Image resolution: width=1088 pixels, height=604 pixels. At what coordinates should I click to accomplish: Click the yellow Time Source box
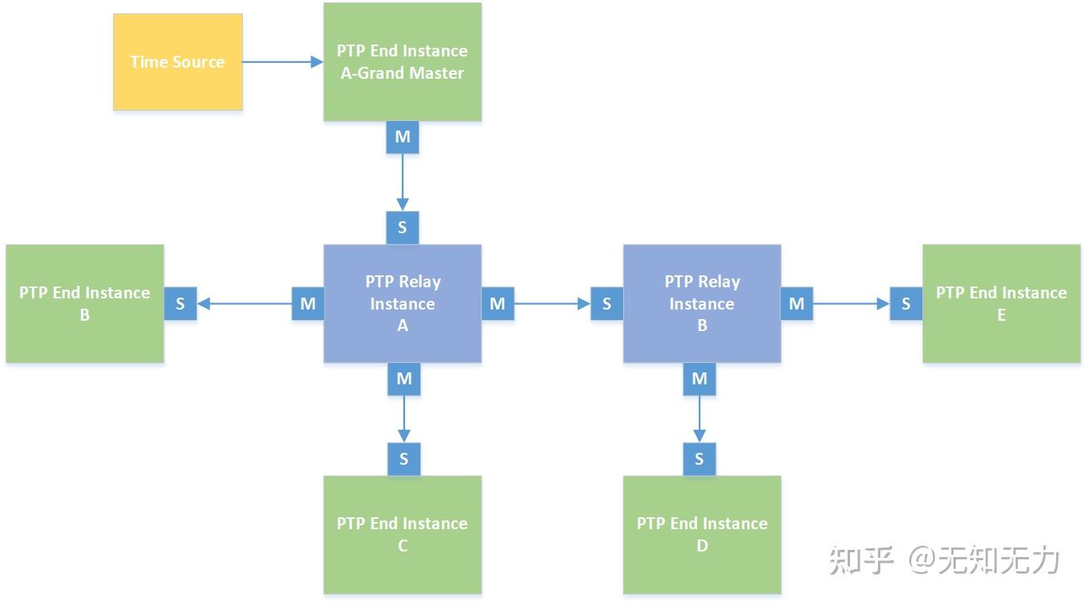point(177,62)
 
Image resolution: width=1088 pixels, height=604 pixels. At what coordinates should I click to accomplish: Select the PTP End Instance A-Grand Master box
point(402,62)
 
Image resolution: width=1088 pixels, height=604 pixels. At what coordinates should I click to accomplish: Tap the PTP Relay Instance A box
point(402,303)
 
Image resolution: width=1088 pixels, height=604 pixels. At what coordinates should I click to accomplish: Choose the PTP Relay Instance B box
point(701,303)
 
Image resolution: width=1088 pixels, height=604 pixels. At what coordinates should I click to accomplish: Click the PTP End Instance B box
point(84,303)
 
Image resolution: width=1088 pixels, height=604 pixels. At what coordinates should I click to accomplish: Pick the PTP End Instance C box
point(402,534)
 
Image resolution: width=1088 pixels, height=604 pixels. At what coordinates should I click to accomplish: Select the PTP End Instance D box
point(701,534)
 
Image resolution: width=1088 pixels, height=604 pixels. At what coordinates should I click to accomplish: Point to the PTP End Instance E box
point(1000,303)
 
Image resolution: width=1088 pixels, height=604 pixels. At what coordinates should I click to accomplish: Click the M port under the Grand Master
point(402,138)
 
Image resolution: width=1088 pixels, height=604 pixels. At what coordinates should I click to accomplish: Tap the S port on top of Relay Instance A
point(402,228)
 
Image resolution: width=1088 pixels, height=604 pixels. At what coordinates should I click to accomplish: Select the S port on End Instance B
point(181,303)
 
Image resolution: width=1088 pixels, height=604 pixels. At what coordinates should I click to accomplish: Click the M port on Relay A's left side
point(308,303)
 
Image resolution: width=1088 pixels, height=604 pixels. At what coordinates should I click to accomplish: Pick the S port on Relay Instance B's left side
point(606,303)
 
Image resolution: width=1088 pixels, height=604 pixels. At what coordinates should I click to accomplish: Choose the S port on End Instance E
point(906,303)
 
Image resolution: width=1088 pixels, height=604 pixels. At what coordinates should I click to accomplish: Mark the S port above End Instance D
point(700,458)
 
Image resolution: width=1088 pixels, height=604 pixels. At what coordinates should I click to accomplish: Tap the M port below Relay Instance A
point(404,379)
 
